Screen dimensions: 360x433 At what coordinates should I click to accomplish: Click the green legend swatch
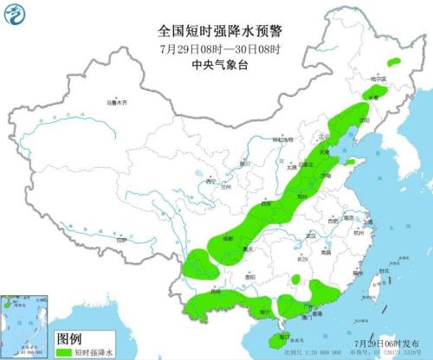[x=64, y=353]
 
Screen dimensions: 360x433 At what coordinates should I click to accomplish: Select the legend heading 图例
[x=69, y=338]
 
